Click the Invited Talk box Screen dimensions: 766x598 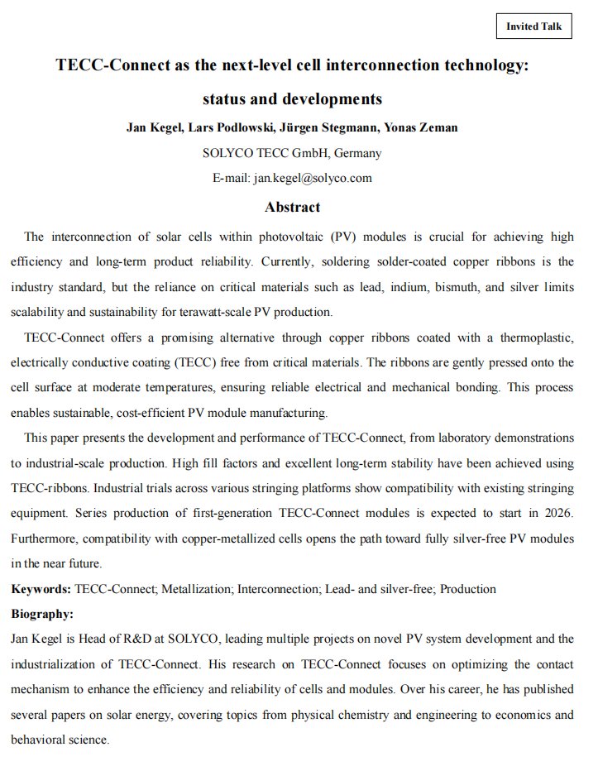coord(533,26)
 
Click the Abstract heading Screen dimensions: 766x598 coord(292,207)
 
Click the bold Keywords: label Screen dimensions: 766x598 coord(41,590)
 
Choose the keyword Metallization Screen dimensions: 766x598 coord(197,590)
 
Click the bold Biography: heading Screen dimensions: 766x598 coord(42,615)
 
